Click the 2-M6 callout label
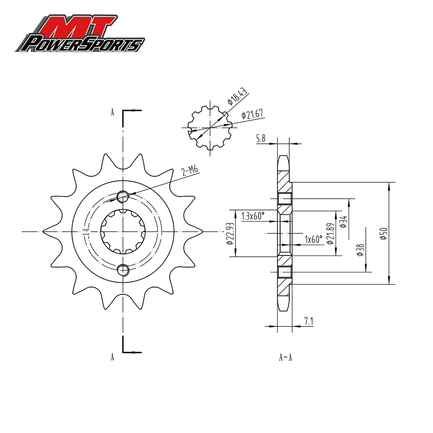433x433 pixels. click(190, 171)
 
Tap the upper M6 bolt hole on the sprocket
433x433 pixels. click(123, 197)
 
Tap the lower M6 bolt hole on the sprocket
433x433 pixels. click(123, 270)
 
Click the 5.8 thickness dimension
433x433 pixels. click(261, 139)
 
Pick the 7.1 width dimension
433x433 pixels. click(309, 321)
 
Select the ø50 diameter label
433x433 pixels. click(382, 233)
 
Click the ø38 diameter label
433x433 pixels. click(360, 250)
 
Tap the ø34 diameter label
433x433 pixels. click(343, 222)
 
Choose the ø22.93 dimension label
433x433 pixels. click(230, 234)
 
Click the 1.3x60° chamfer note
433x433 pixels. click(252, 216)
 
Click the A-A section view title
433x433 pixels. click(285, 358)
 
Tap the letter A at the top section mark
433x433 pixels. click(112, 112)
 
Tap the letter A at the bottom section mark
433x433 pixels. click(112, 357)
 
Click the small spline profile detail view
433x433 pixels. click(210, 128)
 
